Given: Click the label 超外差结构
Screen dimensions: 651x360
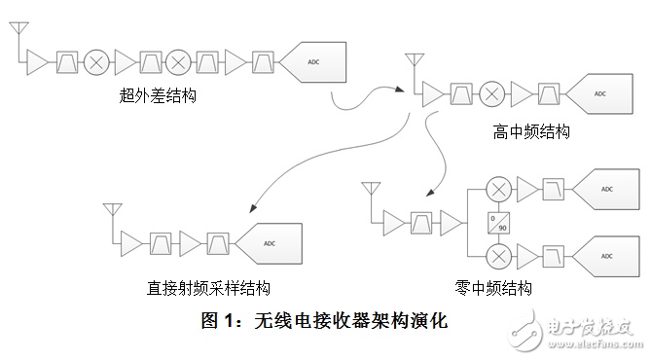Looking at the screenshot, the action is point(158,96).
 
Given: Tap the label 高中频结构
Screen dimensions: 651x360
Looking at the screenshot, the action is point(531,132).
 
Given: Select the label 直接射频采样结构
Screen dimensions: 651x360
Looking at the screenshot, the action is point(208,288).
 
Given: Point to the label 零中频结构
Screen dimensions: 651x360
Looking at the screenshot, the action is point(493,288).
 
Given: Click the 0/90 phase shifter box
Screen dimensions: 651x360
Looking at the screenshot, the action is point(498,223).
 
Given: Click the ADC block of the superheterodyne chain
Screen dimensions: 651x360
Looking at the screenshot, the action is point(312,62).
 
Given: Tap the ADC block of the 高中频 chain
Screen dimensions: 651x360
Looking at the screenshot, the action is point(599,93).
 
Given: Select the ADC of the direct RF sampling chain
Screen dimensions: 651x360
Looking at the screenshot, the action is point(269,244).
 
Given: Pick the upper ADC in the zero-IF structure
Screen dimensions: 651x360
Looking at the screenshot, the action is point(605,190).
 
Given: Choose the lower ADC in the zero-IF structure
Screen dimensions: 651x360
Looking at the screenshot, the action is point(605,257).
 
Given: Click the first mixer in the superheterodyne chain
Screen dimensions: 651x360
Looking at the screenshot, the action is point(96,62).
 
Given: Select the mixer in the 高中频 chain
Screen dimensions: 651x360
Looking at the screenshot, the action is point(492,93).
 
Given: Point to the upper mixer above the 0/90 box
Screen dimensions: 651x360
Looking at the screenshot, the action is point(498,190).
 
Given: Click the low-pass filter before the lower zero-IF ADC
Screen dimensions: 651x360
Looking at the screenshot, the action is point(554,257).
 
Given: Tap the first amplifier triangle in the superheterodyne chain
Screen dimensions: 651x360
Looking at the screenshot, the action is point(37,62).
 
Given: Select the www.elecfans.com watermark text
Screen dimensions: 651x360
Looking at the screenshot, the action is point(595,343).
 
